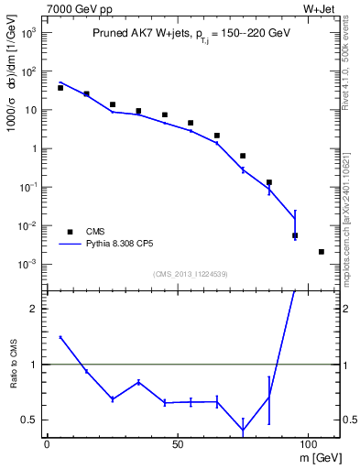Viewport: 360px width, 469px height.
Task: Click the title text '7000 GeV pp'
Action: point(75,9)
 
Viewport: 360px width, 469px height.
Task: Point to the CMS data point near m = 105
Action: point(322,252)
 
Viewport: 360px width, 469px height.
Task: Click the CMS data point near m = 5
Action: point(60,88)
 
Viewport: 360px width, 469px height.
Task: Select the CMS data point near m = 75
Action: point(243,156)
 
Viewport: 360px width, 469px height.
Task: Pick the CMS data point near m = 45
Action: point(165,115)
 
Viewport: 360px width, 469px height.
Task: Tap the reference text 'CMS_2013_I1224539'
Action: point(191,273)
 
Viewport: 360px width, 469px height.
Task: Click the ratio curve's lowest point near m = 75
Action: point(243,431)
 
